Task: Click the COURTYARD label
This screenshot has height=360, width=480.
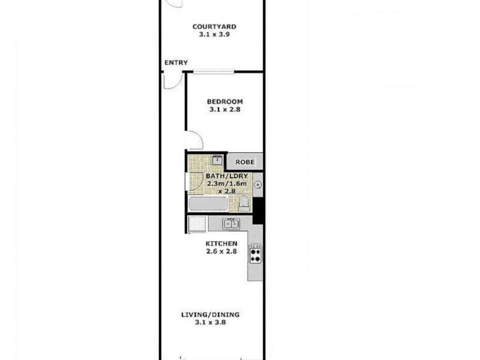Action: (x=214, y=26)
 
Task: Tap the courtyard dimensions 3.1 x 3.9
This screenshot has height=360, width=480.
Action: (x=214, y=35)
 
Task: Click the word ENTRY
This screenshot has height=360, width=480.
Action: (x=175, y=62)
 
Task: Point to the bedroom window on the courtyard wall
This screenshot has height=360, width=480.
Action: (x=214, y=73)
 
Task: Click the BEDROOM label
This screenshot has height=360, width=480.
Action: (x=224, y=101)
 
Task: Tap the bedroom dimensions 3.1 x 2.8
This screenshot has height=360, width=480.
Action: (x=224, y=110)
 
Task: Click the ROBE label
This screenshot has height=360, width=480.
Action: (x=244, y=162)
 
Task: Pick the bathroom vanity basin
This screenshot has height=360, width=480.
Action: (x=217, y=160)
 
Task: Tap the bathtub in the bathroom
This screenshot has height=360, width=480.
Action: (x=208, y=203)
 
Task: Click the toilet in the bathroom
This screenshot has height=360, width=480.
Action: (x=244, y=203)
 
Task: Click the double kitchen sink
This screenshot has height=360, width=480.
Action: (x=232, y=224)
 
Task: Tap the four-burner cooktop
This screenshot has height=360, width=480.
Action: (x=255, y=254)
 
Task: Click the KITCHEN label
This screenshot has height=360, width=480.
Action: (x=221, y=243)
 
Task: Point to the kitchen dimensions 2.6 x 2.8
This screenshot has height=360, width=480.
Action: (x=221, y=251)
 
